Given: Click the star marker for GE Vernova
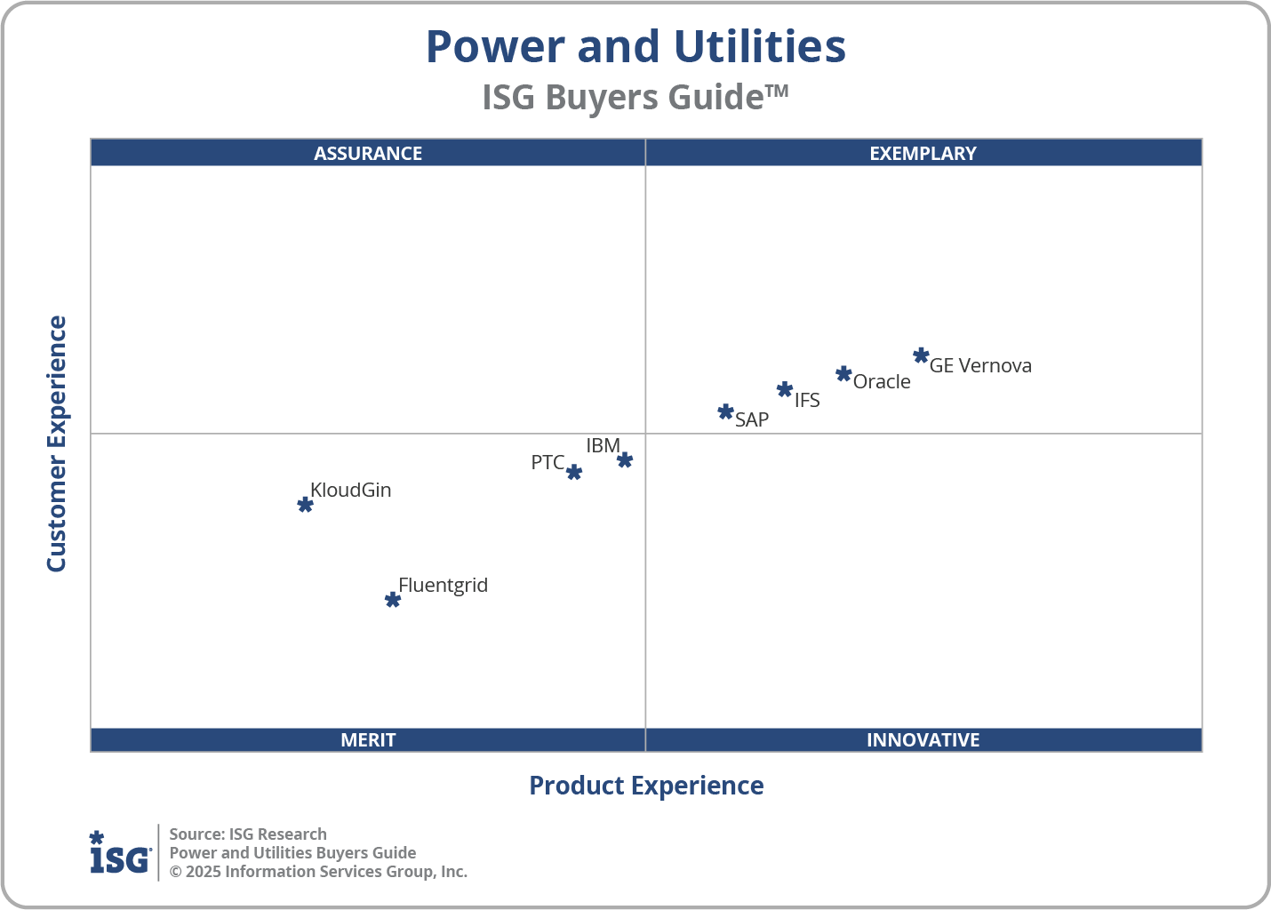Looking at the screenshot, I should pos(921,356).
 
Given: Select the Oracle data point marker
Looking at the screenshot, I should pos(843,374).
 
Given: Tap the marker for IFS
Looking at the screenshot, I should pos(784,389).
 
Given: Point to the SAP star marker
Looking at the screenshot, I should pos(725,412).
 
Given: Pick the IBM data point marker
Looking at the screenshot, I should pos(625,459).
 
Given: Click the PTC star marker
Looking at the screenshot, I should pos(574,472).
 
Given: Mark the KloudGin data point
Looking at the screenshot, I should pos(305,505).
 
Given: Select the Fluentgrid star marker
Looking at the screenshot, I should pos(393,600).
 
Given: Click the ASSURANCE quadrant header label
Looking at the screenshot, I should pos(368,153).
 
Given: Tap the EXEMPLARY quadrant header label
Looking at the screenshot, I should pos(923,153).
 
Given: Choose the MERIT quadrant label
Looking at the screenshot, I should pos(368,739).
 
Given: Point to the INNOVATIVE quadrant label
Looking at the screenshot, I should pos(923,739).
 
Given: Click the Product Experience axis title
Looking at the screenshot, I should pos(646,786).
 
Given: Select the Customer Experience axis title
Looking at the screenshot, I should pos(57,444).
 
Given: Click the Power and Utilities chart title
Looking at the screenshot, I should pos(635,46).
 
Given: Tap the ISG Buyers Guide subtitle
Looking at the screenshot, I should pos(635,97).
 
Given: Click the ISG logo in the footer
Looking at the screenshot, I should pos(120,853).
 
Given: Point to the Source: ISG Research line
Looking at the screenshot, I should pos(248,834).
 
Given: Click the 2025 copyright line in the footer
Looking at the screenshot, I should pos(318,871).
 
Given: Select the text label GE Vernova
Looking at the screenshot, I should pos(980,365).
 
